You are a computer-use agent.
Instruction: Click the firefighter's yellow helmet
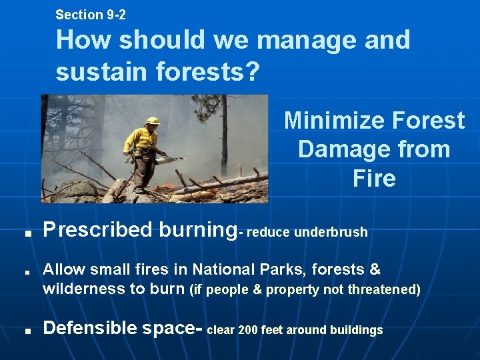click(x=153, y=121)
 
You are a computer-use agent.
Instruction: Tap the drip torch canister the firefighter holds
click(x=161, y=159)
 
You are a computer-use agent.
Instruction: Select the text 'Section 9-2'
click(x=91, y=14)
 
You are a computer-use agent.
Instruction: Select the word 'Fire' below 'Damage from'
click(x=374, y=178)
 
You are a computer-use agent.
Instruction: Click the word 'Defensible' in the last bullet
click(x=89, y=328)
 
